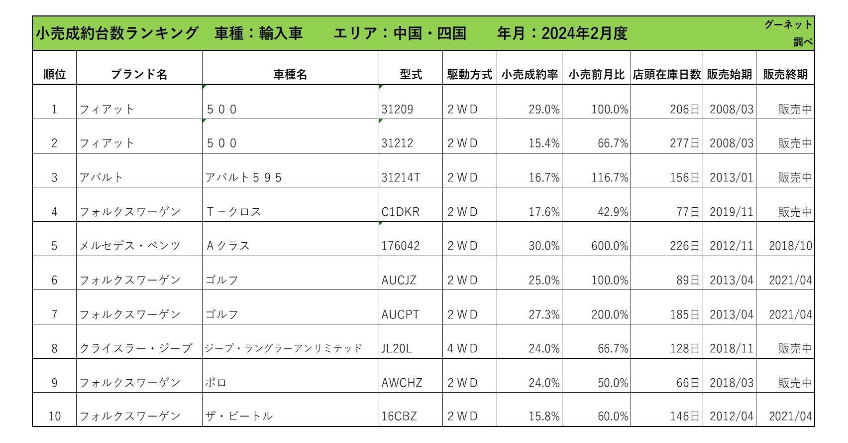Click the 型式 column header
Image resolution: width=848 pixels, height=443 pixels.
(411, 74)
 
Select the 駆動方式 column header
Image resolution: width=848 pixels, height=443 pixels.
(469, 74)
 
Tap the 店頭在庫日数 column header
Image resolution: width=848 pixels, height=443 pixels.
(667, 74)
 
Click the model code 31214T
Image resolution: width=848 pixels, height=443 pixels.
(401, 177)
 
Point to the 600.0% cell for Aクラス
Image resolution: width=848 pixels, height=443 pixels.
(610, 246)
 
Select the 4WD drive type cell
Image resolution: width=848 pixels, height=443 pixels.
(462, 348)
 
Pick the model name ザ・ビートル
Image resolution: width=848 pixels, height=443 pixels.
(239, 416)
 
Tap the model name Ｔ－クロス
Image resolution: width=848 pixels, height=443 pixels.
(233, 211)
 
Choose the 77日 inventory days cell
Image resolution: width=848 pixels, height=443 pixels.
(687, 211)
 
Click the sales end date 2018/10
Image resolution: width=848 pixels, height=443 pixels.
(790, 246)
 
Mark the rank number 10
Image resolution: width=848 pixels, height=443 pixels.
(55, 416)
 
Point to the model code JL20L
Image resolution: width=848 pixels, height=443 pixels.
(396, 348)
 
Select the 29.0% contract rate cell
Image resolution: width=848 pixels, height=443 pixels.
(544, 109)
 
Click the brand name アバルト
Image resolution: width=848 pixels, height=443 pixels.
(101, 177)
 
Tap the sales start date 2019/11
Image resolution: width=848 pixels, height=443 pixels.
(732, 211)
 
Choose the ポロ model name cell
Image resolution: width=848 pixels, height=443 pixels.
(216, 382)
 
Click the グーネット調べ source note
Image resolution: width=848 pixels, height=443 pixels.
(788, 33)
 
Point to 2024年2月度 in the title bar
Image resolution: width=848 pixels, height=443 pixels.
(585, 33)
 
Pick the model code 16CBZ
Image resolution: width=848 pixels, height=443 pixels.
(399, 416)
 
